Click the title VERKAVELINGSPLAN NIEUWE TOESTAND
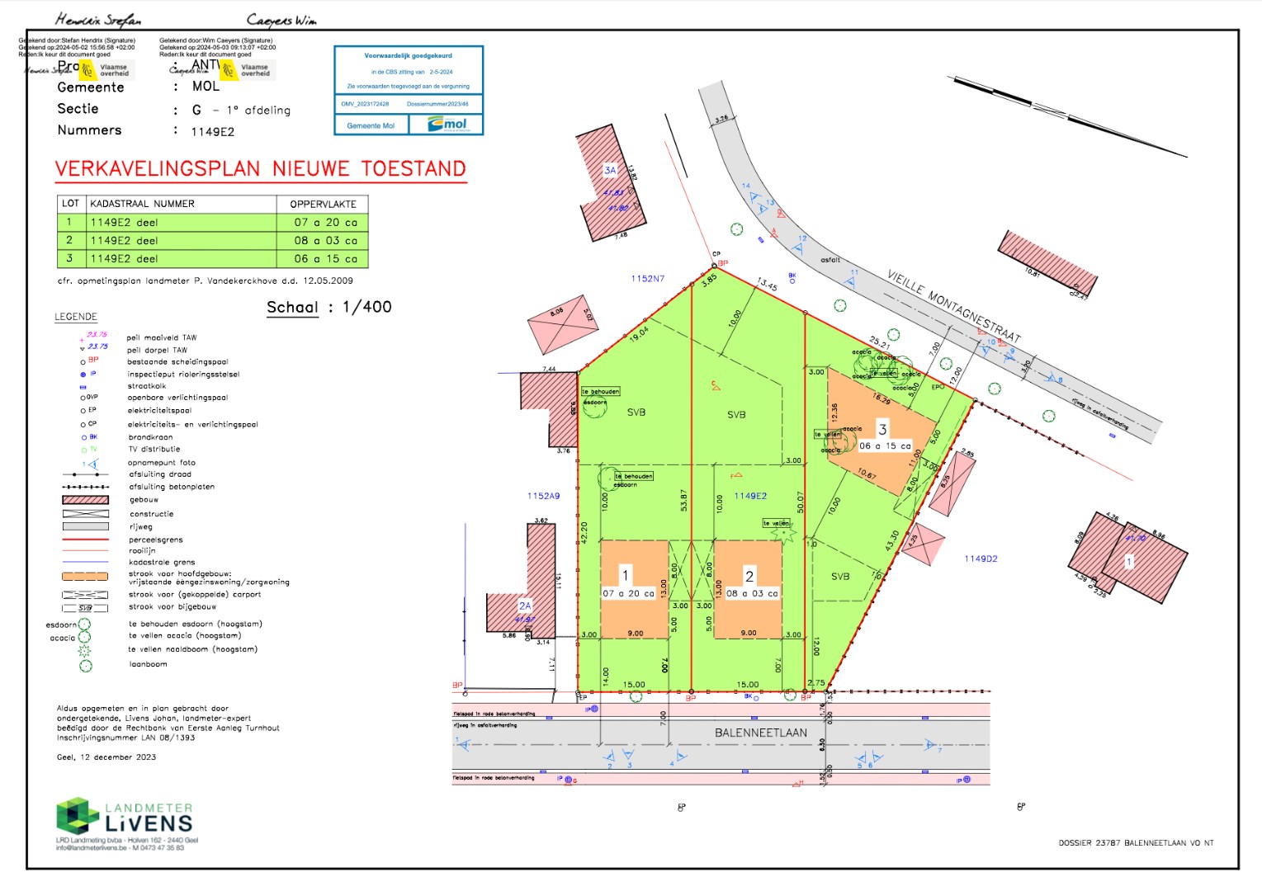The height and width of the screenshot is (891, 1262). (261, 169)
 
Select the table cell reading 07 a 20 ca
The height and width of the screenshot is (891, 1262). (325, 222)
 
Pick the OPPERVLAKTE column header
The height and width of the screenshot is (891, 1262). (323, 204)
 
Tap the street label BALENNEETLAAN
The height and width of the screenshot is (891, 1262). (760, 733)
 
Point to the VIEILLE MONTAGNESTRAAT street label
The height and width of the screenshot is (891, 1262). (953, 305)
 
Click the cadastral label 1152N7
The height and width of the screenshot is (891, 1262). (647, 279)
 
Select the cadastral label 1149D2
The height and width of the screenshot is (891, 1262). (981, 559)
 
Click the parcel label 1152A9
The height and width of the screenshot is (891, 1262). (543, 496)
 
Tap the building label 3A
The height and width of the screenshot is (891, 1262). (610, 170)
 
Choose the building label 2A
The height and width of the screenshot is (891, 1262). (525, 606)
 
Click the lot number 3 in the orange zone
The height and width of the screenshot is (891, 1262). (882, 429)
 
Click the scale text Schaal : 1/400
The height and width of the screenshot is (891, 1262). (328, 307)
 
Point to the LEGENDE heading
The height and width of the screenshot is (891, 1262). (76, 317)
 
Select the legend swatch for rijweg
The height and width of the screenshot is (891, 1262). (85, 526)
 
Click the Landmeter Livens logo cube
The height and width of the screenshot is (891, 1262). (77, 815)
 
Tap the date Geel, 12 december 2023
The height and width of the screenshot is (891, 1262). (106, 757)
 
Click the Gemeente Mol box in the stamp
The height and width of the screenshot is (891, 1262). (371, 126)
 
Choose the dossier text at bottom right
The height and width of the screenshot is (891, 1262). (1136, 843)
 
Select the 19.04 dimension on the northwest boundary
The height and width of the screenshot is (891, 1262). (639, 333)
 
